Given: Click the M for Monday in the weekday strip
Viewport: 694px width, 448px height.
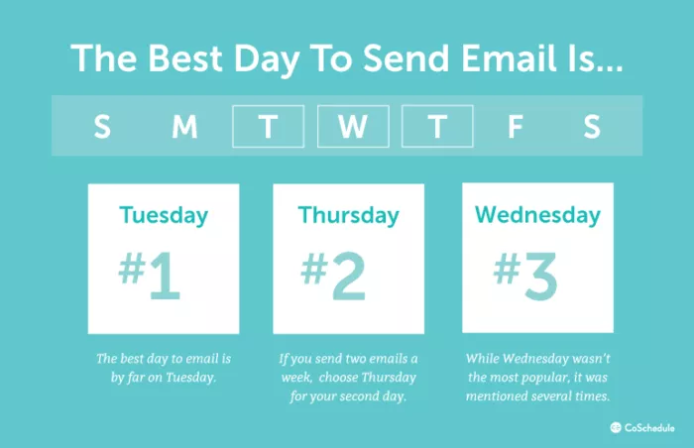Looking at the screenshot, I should (184, 127).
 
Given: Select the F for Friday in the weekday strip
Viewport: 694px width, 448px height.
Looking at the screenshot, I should (515, 127).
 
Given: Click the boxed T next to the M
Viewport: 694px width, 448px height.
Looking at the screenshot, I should (268, 127).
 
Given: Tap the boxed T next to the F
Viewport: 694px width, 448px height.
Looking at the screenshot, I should (437, 127).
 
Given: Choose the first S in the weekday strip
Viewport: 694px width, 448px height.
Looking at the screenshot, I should (101, 127).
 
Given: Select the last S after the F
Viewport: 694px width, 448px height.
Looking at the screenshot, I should (592, 127).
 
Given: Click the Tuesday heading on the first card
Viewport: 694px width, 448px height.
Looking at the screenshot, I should (164, 215).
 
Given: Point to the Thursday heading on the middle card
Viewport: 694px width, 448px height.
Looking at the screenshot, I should (348, 215).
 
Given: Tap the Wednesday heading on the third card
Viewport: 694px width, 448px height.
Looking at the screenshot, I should (537, 215).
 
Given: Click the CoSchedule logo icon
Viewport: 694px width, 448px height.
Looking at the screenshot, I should (615, 427).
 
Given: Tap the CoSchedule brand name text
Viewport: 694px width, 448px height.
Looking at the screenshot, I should (651, 427).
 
